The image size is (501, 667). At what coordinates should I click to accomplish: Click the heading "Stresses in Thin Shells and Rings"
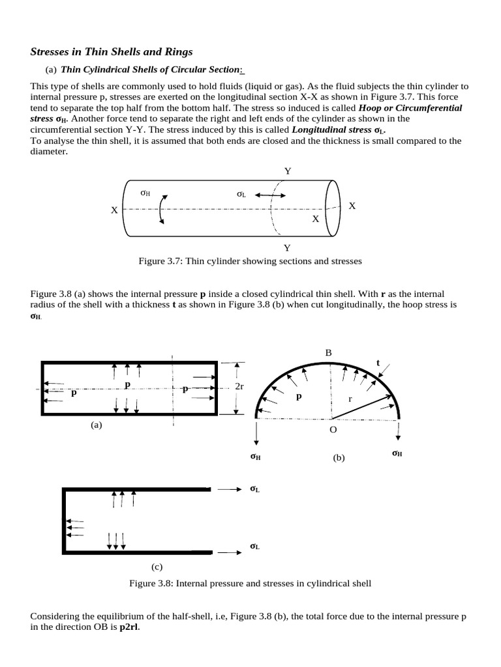click(112, 51)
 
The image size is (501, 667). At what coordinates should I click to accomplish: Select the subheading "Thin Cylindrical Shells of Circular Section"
click(149, 70)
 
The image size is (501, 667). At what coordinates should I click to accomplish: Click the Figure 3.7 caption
click(250, 261)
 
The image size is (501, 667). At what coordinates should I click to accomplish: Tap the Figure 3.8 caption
click(250, 583)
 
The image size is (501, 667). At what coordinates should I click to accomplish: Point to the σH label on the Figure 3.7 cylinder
click(145, 193)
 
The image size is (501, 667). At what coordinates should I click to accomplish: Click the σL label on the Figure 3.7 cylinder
click(241, 193)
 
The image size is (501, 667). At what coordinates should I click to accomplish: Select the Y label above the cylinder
click(287, 171)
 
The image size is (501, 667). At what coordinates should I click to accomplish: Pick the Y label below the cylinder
click(287, 248)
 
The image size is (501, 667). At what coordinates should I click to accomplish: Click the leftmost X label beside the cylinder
click(114, 210)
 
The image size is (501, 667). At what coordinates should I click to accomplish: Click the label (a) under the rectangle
click(97, 425)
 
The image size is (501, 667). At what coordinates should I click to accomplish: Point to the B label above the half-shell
click(329, 352)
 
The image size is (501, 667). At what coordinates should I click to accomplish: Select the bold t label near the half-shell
click(377, 363)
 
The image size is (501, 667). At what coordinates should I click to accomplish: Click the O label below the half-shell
click(333, 430)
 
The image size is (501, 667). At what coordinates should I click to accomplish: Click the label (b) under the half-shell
click(338, 458)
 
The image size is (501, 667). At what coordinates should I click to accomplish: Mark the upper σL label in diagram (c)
click(254, 489)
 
